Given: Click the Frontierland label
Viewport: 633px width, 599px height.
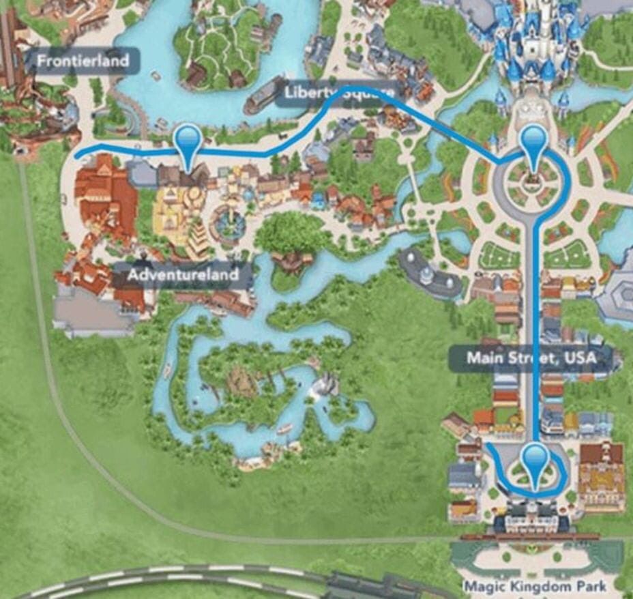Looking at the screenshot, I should tap(83, 61).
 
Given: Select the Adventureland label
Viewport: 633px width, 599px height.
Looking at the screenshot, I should tap(183, 275).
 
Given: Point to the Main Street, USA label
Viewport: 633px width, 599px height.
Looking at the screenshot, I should tap(531, 357).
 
